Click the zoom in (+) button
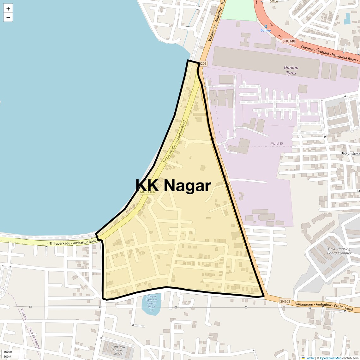point(8,9)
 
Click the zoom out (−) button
point(8,18)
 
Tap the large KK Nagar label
point(173,185)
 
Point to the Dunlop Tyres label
point(291,70)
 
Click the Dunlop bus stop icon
point(266,27)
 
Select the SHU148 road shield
point(289,41)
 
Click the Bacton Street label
point(350,153)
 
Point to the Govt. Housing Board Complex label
point(339,251)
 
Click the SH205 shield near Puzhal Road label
point(285,302)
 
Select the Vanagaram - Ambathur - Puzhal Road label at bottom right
point(324,306)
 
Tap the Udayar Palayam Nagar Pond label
point(152,303)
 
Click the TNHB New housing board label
point(118,350)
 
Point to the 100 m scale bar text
point(8,352)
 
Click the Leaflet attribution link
point(310,358)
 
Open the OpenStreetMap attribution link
point(330,358)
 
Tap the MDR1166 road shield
point(147,192)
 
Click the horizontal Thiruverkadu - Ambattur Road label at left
point(73,243)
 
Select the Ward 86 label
point(24,314)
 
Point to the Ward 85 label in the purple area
point(277,144)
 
